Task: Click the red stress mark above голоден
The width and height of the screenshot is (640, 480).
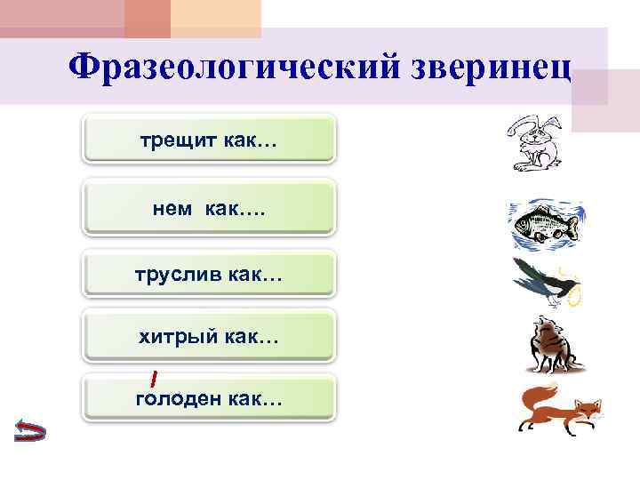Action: (154, 379)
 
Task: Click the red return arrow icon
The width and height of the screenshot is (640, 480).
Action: (30, 431)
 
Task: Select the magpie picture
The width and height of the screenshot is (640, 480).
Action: (544, 282)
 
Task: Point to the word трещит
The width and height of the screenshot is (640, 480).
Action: (169, 140)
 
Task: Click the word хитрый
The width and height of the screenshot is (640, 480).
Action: (169, 337)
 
